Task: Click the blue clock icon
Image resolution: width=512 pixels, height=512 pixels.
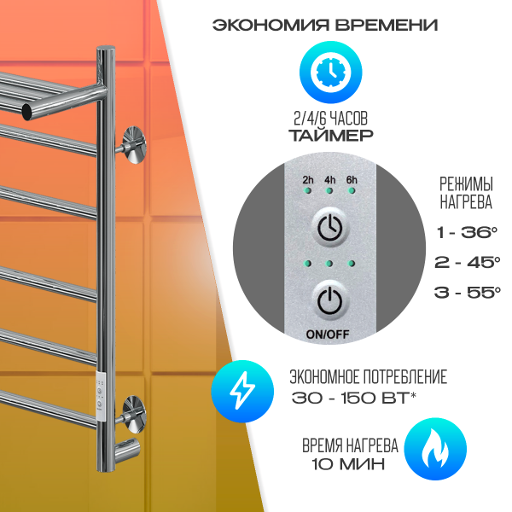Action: [x=330, y=73]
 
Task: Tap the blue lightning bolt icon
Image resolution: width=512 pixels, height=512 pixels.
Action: [x=242, y=391]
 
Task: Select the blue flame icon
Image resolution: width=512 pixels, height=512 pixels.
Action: [x=435, y=449]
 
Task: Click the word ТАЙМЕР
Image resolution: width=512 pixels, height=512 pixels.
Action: [x=331, y=136]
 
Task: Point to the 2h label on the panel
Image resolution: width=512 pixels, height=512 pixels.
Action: [x=307, y=180]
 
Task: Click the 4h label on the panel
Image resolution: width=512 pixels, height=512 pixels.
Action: [x=329, y=180]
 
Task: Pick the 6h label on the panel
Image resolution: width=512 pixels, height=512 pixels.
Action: [x=352, y=180]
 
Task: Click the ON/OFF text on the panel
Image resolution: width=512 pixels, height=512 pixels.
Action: [x=328, y=334]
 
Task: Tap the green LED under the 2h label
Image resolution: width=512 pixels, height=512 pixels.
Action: [x=307, y=190]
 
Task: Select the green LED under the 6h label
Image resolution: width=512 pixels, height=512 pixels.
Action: [x=352, y=190]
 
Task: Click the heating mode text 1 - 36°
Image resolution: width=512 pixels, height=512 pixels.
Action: [x=467, y=232]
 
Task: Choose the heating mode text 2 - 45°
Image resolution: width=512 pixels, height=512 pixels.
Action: [x=468, y=262]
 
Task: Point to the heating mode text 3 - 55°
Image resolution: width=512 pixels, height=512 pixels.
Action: [x=468, y=292]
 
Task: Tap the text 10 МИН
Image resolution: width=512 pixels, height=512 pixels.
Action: [x=348, y=464]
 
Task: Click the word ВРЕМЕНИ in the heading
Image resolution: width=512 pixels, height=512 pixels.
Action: [x=387, y=25]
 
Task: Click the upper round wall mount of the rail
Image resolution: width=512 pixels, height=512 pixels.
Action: [x=134, y=145]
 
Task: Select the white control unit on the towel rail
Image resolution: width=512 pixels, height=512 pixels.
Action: [x=101, y=396]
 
